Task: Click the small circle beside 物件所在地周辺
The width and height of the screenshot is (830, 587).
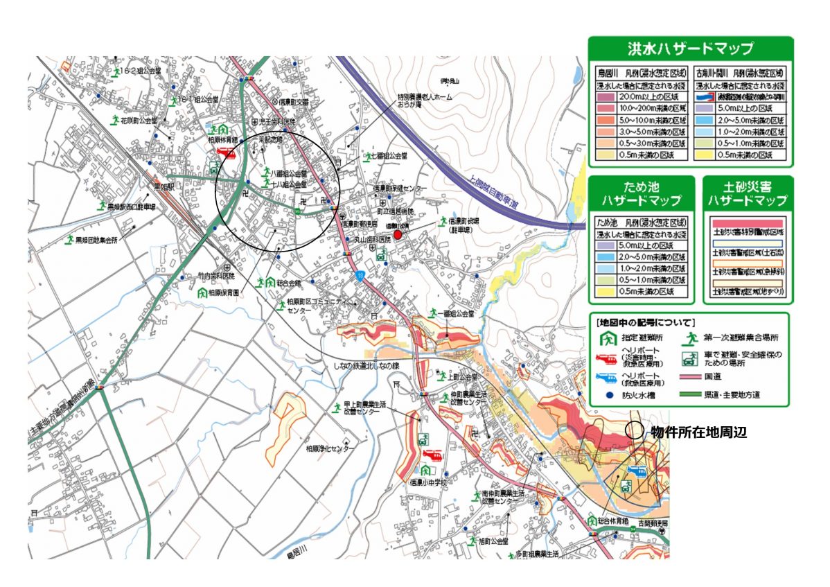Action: coord(633,430)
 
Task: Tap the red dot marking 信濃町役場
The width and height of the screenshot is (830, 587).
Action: coord(398,235)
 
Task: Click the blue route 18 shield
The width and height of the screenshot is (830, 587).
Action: coord(360,275)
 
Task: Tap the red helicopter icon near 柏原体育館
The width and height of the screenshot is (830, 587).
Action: coord(227,152)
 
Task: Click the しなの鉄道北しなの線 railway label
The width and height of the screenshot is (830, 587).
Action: coord(366,367)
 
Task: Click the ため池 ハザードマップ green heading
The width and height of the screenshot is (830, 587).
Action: coord(641,194)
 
